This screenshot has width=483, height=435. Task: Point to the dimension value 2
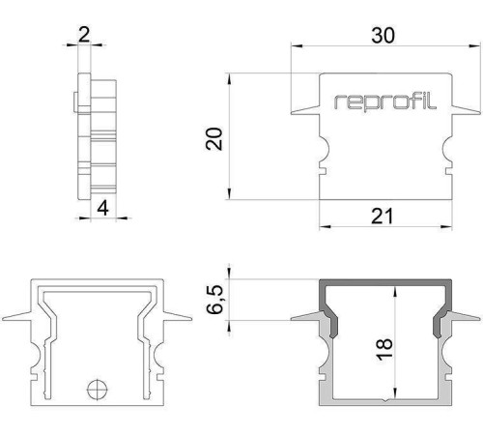click(x=84, y=36)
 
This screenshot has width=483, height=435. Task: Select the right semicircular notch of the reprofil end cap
click(x=445, y=152)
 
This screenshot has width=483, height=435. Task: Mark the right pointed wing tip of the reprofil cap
click(x=475, y=114)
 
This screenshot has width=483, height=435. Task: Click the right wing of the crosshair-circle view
click(x=175, y=316)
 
